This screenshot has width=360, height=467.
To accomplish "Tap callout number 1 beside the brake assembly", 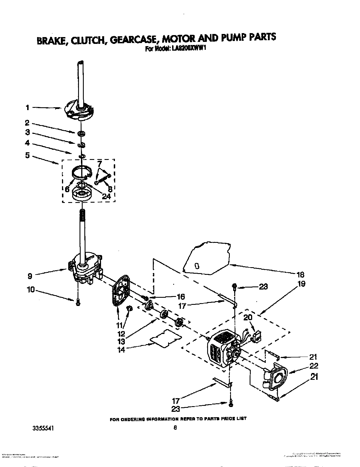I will (27, 108).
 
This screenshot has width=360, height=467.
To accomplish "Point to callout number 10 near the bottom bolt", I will (31, 290).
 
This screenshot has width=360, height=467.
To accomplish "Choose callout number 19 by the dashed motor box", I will (301, 284).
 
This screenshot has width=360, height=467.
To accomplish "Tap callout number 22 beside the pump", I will (314, 366).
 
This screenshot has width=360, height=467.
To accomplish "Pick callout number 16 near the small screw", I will (180, 296).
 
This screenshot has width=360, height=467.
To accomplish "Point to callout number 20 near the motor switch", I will (248, 318).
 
